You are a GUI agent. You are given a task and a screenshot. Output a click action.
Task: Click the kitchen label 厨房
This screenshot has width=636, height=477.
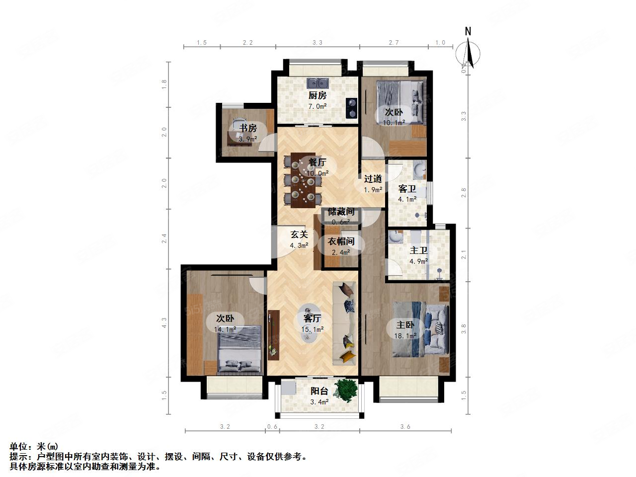pyautogui.click(x=318, y=95)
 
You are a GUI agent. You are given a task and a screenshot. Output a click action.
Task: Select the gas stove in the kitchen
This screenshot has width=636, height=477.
pyautogui.click(x=352, y=108)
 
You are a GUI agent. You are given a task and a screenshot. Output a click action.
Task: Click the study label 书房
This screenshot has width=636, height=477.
pyautogui.click(x=248, y=128)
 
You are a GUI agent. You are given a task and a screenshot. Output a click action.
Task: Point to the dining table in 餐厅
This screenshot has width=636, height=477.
pyautogui.click(x=303, y=179)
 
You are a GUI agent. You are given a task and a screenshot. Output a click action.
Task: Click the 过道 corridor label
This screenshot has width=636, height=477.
pyautogui.click(x=373, y=179)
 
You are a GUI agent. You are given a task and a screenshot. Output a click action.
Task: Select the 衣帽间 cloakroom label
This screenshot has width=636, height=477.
pyautogui.click(x=341, y=241)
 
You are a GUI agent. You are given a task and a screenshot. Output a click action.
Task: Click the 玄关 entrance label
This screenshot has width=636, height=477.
pyautogui.click(x=299, y=234)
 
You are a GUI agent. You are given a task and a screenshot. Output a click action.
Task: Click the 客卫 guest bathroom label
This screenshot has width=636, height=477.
pyautogui.click(x=407, y=189)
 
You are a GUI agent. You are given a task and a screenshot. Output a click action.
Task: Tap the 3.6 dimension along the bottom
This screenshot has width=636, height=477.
pyautogui.click(x=405, y=427)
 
